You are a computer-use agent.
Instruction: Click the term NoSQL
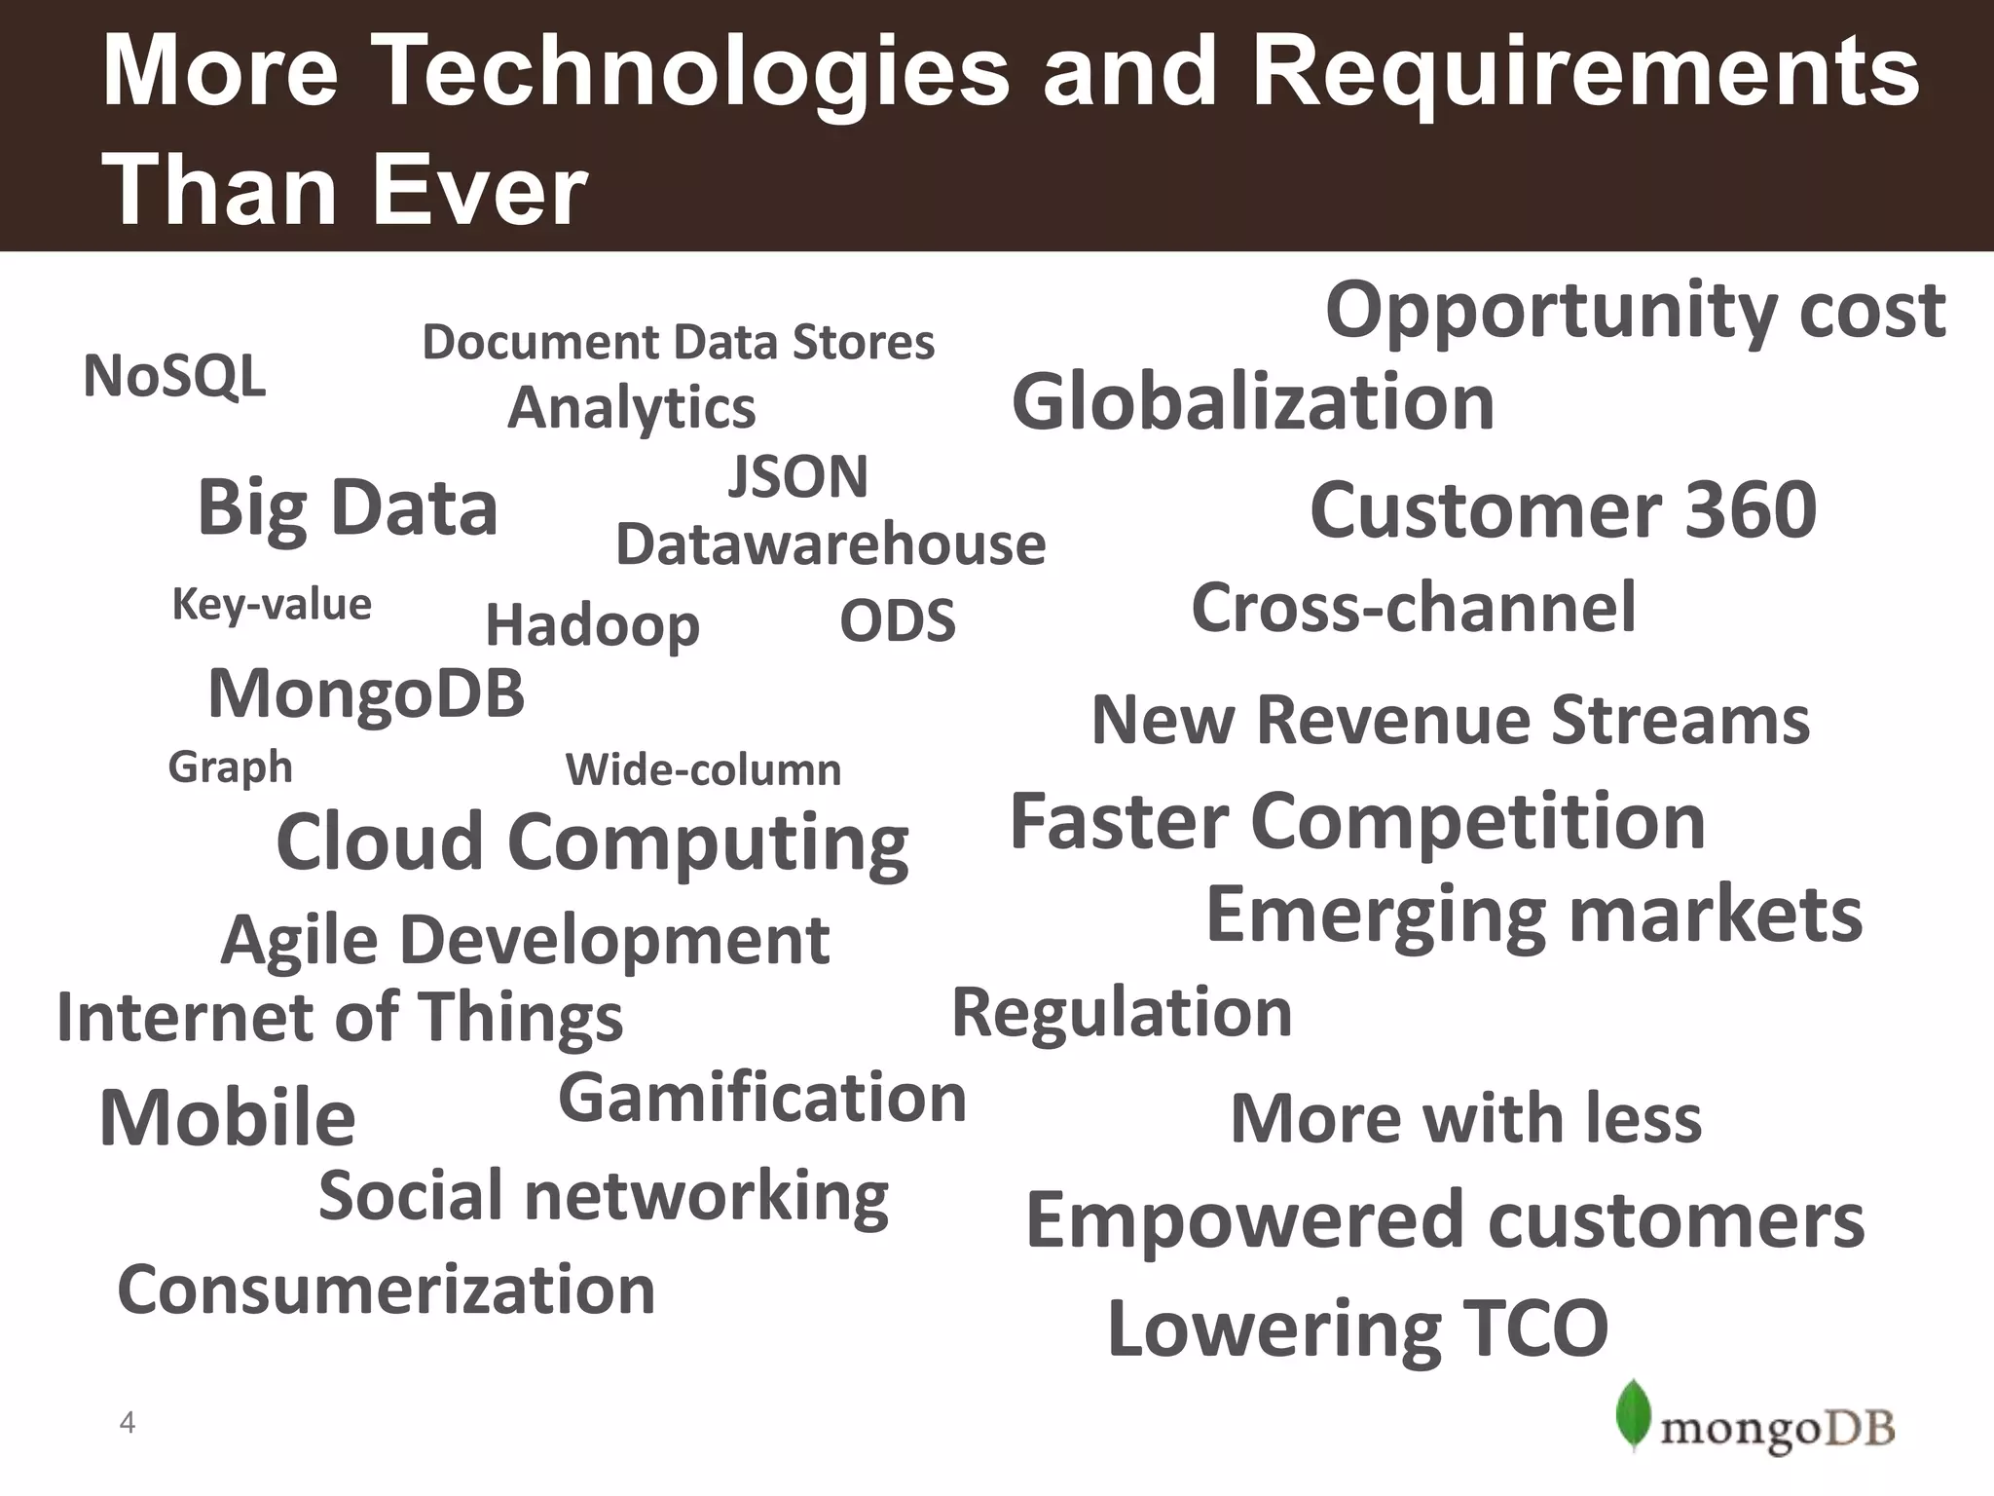pyautogui.click(x=174, y=376)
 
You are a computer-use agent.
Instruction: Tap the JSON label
pyautogui.click(x=798, y=477)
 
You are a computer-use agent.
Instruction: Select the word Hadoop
pyautogui.click(x=592, y=625)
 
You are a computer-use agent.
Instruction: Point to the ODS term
pyautogui.click(x=898, y=621)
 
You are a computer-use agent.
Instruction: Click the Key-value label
pyautogui.click(x=272, y=605)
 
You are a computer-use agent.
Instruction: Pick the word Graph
pyautogui.click(x=230, y=767)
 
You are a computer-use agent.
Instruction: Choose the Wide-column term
pyautogui.click(x=703, y=770)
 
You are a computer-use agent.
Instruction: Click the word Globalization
pyautogui.click(x=1253, y=402)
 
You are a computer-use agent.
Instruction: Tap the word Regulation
pyautogui.click(x=1122, y=1013)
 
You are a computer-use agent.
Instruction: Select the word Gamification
pyautogui.click(x=762, y=1099)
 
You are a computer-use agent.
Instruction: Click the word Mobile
pyautogui.click(x=228, y=1118)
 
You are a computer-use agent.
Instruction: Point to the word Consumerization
pyautogui.click(x=387, y=1290)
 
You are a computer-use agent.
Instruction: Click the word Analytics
pyautogui.click(x=632, y=407)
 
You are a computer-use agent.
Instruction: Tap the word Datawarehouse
pyautogui.click(x=831, y=543)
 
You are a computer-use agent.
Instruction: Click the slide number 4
pyautogui.click(x=127, y=1423)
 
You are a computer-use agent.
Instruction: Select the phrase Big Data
pyautogui.click(x=348, y=508)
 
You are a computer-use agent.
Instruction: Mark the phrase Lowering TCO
pyautogui.click(x=1357, y=1328)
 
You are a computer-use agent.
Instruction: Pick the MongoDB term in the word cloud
pyautogui.click(x=366, y=694)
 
